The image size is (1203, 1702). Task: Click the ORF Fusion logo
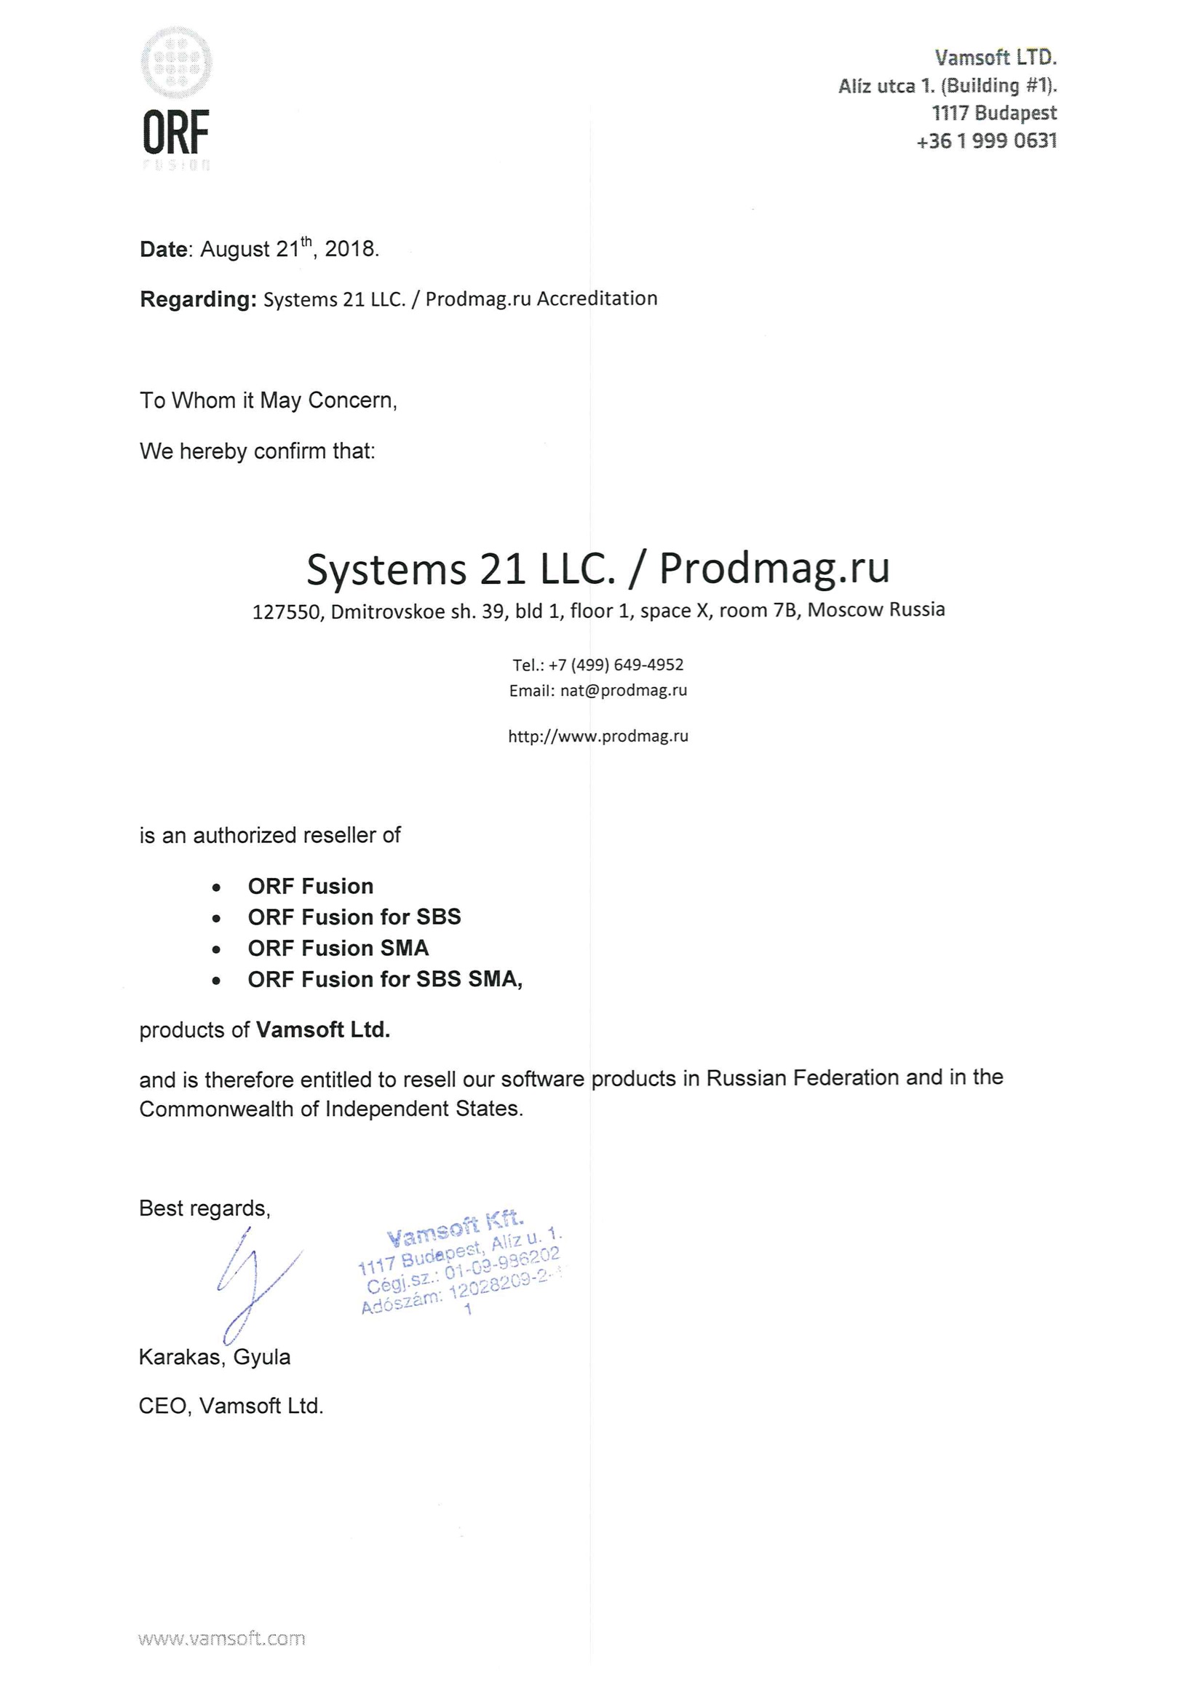click(175, 98)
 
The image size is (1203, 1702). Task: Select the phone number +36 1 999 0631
click(986, 140)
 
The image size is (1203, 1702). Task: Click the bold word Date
click(163, 249)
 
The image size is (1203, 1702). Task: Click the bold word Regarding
click(197, 299)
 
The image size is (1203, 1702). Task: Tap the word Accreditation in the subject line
click(597, 298)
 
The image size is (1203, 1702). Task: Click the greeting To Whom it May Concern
click(269, 400)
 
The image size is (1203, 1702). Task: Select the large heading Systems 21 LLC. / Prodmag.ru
click(597, 569)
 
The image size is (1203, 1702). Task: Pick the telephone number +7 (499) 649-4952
click(615, 665)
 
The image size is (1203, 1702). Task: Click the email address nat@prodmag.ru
click(624, 691)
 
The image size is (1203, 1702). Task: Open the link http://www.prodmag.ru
click(597, 736)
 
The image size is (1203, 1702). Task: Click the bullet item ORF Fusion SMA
click(338, 948)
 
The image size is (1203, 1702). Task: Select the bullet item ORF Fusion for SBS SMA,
click(385, 979)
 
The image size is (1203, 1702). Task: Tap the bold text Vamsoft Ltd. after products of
click(322, 1029)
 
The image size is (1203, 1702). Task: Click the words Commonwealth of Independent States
click(330, 1109)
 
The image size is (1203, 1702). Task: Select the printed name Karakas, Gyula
click(214, 1357)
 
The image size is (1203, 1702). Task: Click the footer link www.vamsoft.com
click(222, 1638)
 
